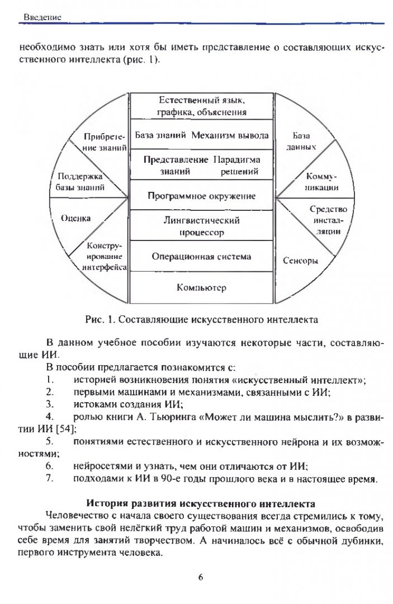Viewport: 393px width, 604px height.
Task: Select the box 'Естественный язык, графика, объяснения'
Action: tap(202, 106)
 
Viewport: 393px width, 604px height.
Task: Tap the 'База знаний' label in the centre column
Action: tap(160, 135)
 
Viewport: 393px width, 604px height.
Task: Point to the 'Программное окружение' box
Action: tap(202, 196)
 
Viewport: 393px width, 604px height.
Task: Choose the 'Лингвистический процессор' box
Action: tap(202, 226)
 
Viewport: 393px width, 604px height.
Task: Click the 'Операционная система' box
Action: tap(202, 257)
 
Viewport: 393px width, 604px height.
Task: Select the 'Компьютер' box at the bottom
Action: tap(202, 288)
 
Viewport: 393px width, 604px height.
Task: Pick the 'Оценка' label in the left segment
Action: tap(75, 219)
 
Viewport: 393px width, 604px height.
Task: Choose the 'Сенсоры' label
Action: tap(301, 261)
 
